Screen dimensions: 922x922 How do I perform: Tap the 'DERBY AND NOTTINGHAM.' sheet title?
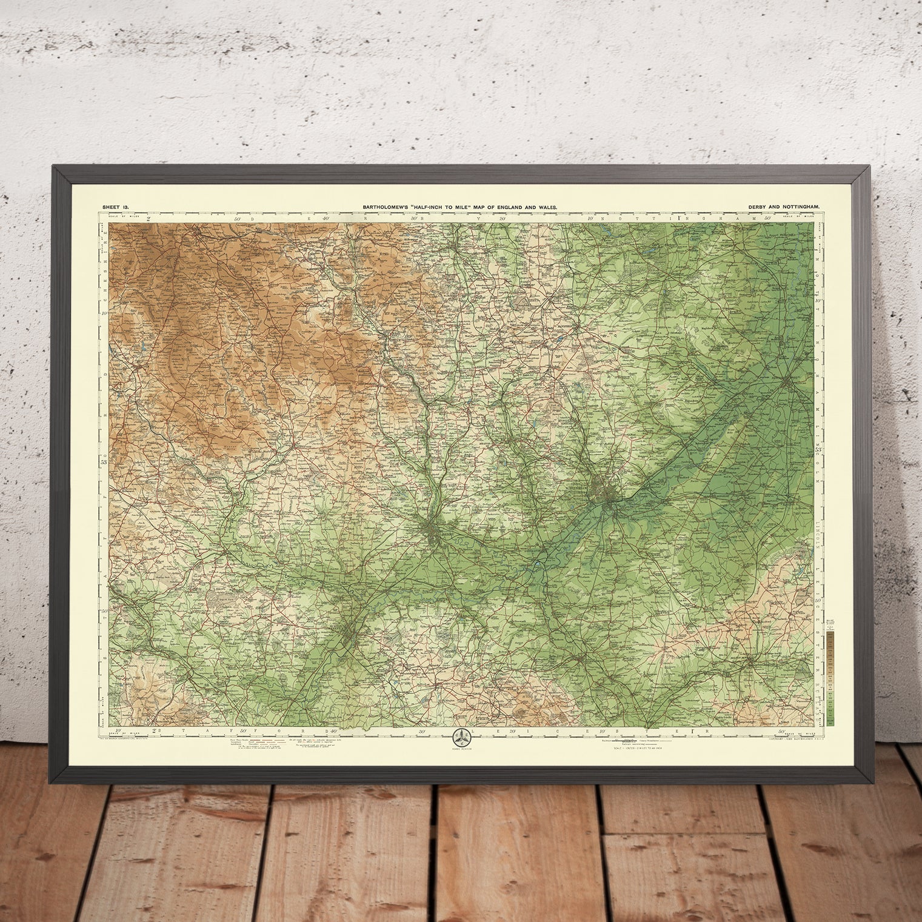[x=785, y=207]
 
